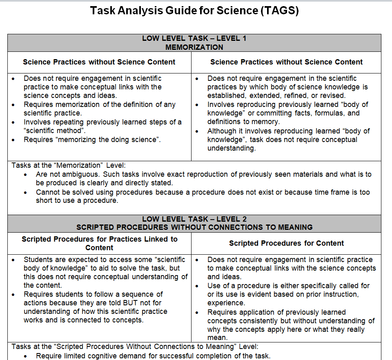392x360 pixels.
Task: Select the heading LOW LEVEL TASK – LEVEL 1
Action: [x=194, y=38]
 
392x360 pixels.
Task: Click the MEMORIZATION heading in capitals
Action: [x=194, y=47]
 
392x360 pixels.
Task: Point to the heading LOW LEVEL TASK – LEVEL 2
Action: [x=194, y=219]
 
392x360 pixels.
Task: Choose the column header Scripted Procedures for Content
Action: [x=286, y=243]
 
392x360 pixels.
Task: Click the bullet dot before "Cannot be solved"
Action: [x=26, y=192]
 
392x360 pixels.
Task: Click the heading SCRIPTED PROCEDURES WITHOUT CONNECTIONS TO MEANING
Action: [x=194, y=227]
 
